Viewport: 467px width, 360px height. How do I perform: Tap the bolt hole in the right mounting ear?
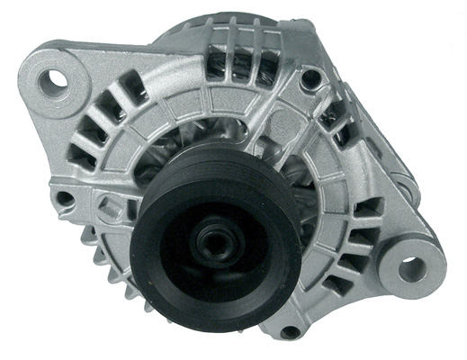coord(409,267)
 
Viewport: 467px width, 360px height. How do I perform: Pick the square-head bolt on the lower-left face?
coord(109,209)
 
